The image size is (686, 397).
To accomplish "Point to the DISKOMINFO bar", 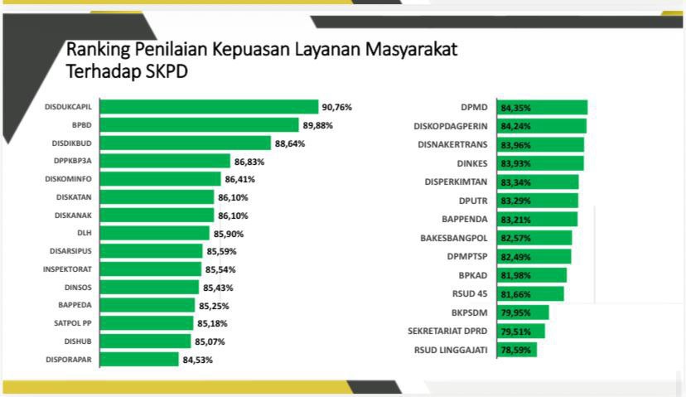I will click(165, 179).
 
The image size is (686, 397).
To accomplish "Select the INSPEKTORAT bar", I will click(155, 269).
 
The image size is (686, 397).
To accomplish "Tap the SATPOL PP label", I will click(78, 323).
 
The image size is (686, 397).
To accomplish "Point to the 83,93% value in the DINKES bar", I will click(515, 163).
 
